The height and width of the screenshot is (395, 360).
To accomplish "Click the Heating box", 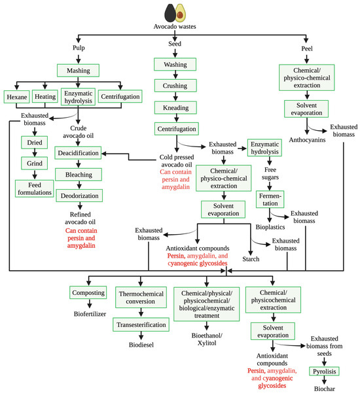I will coord(45,97).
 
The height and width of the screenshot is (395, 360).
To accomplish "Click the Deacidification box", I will coord(78,153).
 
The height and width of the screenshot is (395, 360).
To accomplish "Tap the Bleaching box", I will coord(78,175).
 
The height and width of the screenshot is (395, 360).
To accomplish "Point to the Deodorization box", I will coord(78,196).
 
